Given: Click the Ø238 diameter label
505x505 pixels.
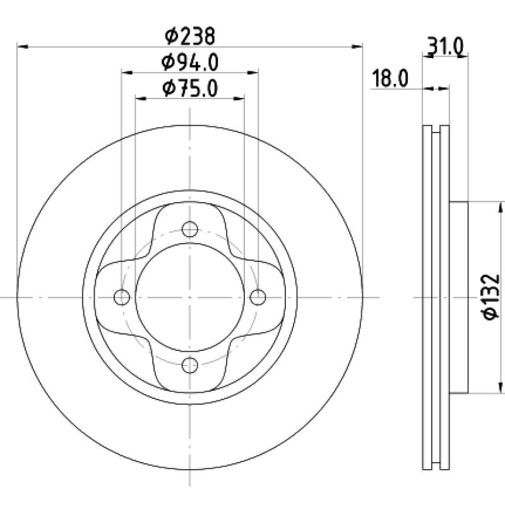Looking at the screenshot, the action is coord(190,36).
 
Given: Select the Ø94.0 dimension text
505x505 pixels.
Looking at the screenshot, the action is coord(190,62).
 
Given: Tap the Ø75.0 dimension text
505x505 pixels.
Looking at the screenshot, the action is coord(190,88).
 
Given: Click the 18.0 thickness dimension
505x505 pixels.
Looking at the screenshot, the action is coord(390,78).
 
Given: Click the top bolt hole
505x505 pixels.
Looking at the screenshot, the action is coord(190,229).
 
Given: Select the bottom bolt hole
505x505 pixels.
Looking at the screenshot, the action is coord(190,365).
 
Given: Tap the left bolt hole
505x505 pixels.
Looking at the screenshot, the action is coord(122,297).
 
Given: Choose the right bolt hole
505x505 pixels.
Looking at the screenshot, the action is coord(258,297).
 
